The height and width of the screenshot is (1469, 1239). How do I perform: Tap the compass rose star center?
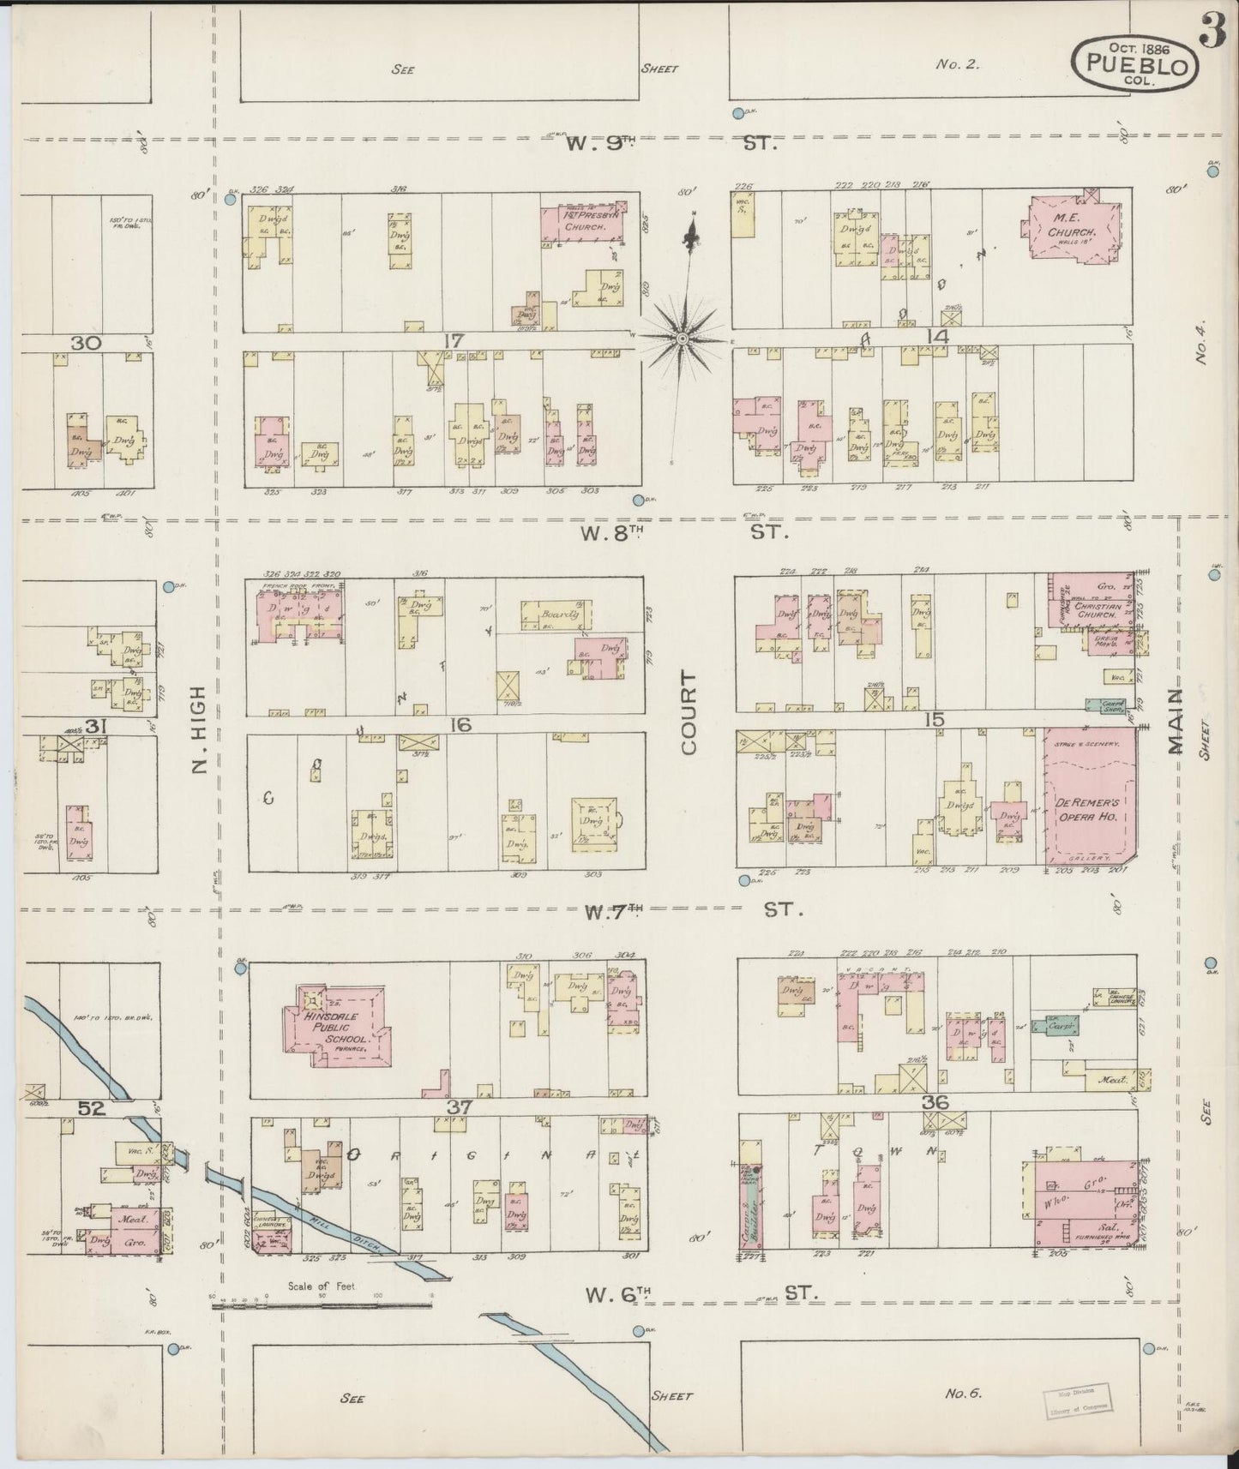coord(683,339)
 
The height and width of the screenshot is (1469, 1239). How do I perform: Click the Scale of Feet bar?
coord(322,1305)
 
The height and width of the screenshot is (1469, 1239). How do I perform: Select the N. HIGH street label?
coord(200,729)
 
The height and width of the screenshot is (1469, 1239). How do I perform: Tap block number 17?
coord(453,341)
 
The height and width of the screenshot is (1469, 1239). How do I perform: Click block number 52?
coord(92,1107)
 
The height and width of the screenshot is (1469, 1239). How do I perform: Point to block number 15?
coord(934,720)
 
